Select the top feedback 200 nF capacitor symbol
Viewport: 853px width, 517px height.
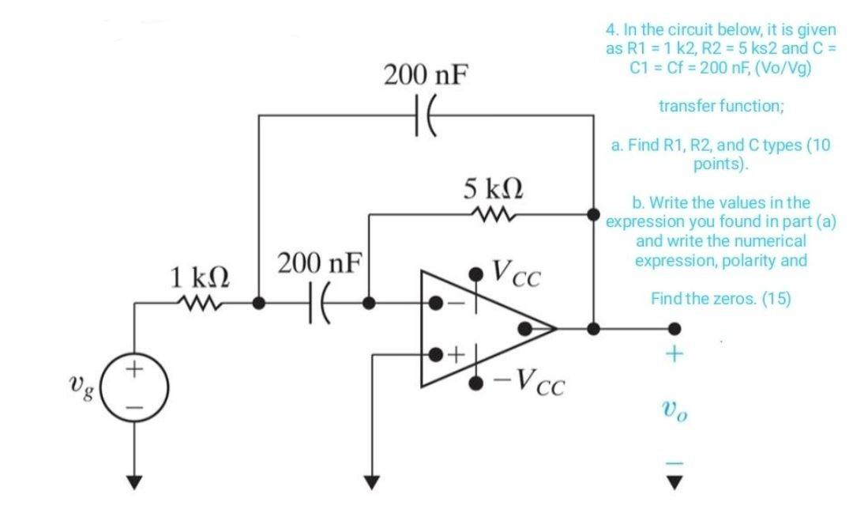[x=424, y=115]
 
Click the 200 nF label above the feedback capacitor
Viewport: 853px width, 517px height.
[x=424, y=77]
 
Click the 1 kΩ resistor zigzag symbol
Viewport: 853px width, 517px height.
[x=197, y=302]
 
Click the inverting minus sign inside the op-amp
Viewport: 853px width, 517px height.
[x=453, y=304]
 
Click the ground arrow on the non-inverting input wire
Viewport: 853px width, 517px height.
[x=367, y=478]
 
